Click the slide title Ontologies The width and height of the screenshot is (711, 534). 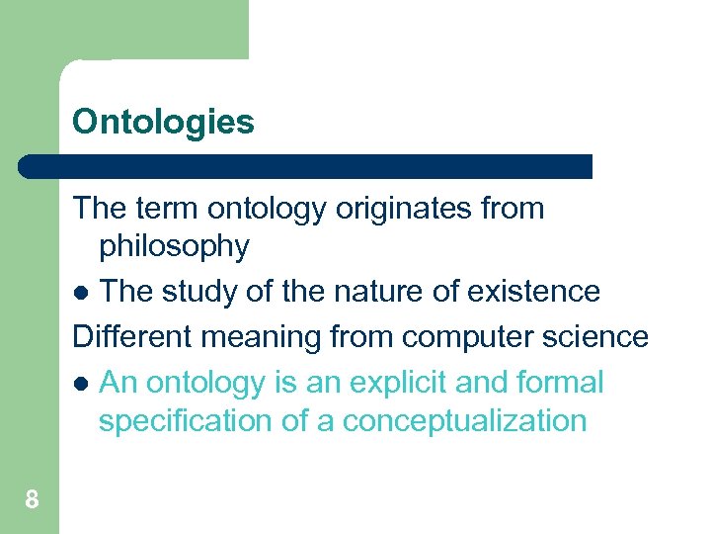tap(163, 123)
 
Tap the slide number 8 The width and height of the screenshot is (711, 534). tap(32, 500)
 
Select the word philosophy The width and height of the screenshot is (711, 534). tap(174, 246)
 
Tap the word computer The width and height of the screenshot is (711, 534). tap(470, 337)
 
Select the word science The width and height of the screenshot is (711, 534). tap(599, 336)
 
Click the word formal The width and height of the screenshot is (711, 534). tap(560, 382)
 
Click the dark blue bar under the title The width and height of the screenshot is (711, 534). tap(305, 166)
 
